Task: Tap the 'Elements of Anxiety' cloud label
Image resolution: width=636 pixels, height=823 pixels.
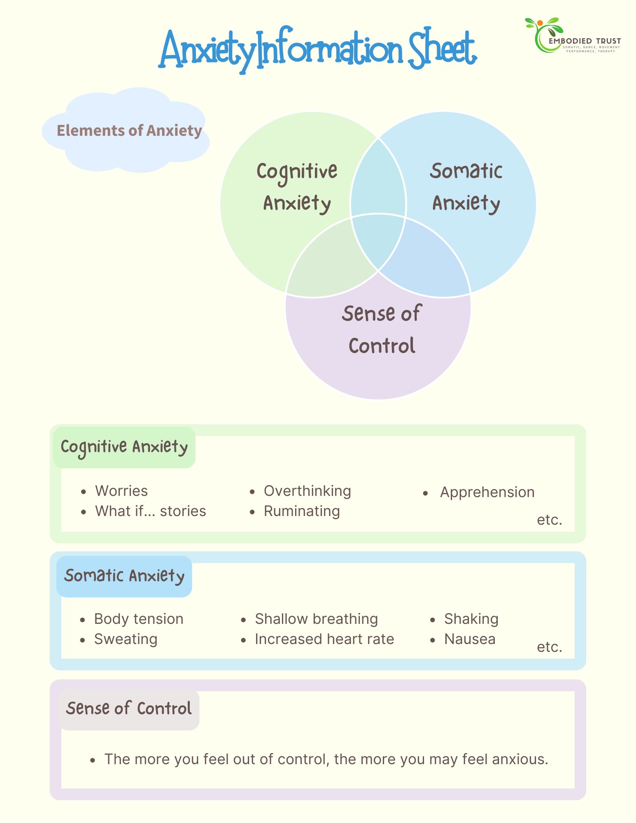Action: (x=129, y=130)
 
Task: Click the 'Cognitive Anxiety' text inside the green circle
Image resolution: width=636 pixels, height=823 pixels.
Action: (x=297, y=187)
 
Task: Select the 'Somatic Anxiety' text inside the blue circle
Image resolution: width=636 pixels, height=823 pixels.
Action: (x=466, y=187)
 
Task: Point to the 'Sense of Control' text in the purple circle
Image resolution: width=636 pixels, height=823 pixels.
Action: (x=382, y=329)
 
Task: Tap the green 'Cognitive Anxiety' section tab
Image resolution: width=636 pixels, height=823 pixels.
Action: (x=124, y=447)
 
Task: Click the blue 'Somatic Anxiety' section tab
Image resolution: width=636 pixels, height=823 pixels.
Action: (x=124, y=576)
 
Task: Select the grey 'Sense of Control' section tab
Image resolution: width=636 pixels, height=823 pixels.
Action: (x=129, y=709)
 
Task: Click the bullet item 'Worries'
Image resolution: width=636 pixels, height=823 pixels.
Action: (x=121, y=491)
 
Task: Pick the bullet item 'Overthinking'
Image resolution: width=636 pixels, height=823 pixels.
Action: (x=307, y=491)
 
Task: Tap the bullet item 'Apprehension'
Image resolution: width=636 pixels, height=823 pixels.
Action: (x=487, y=493)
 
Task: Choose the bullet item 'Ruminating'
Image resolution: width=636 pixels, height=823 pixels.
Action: (x=302, y=511)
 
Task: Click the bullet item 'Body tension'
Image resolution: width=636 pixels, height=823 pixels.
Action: (x=139, y=619)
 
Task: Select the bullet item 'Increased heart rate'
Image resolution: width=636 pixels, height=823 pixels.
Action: (x=324, y=639)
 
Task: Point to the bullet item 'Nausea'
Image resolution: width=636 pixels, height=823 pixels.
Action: (x=470, y=639)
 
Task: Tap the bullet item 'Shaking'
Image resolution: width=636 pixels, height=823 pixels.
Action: (x=471, y=619)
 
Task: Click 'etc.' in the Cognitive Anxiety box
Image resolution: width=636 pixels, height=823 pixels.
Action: (x=550, y=520)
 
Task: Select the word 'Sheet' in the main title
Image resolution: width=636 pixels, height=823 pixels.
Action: (x=442, y=49)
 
